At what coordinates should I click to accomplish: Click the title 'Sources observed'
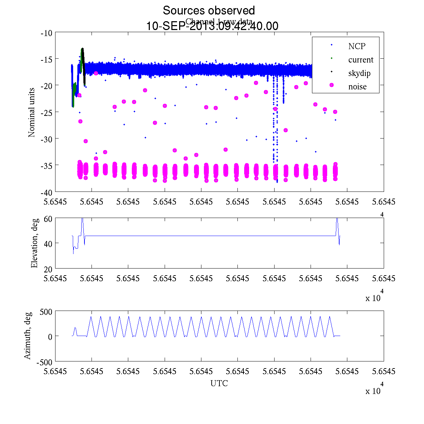pos(208,11)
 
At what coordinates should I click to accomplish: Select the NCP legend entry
pos(357,46)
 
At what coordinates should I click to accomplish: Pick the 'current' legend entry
pos(360,60)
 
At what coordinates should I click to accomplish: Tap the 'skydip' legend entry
pos(359,73)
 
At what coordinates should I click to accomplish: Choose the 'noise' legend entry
pos(357,87)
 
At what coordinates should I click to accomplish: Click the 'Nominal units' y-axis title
pos(32,112)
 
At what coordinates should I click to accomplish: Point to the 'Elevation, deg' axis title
pos(34,243)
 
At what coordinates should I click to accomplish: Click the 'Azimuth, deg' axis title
pos(28,336)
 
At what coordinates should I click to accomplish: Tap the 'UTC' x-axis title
pos(219,383)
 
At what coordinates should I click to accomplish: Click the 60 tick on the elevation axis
pos(48,218)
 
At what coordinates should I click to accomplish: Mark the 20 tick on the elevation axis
pos(48,269)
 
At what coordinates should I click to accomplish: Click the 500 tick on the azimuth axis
pos(46,312)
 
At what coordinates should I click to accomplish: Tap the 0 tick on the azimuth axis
pos(50,337)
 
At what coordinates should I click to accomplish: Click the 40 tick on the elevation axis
pos(48,243)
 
